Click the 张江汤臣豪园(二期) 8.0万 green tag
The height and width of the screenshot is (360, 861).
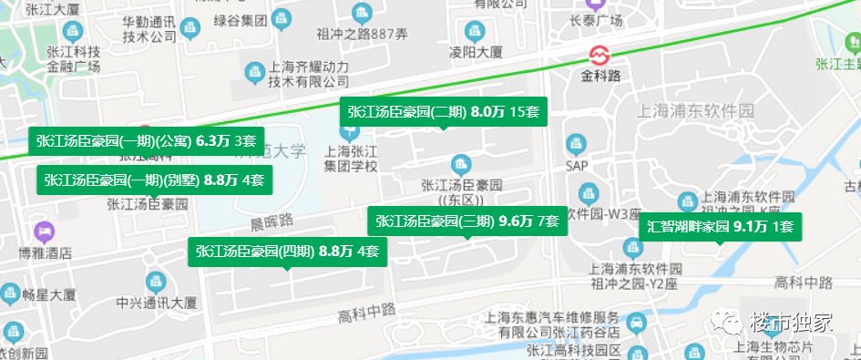[x=443, y=113]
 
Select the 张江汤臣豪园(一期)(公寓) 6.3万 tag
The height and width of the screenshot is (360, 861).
[x=146, y=140]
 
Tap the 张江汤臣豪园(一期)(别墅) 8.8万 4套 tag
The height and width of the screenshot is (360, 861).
[x=154, y=180]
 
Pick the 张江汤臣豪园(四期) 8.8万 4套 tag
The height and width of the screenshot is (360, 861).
[x=286, y=252]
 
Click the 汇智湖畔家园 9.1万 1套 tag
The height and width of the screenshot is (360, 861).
[x=720, y=227]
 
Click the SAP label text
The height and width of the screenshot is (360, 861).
[x=576, y=167]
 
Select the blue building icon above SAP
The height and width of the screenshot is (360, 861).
[x=575, y=145]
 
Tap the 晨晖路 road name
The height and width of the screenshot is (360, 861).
[x=273, y=221]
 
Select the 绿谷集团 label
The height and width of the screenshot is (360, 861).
[x=239, y=18]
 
